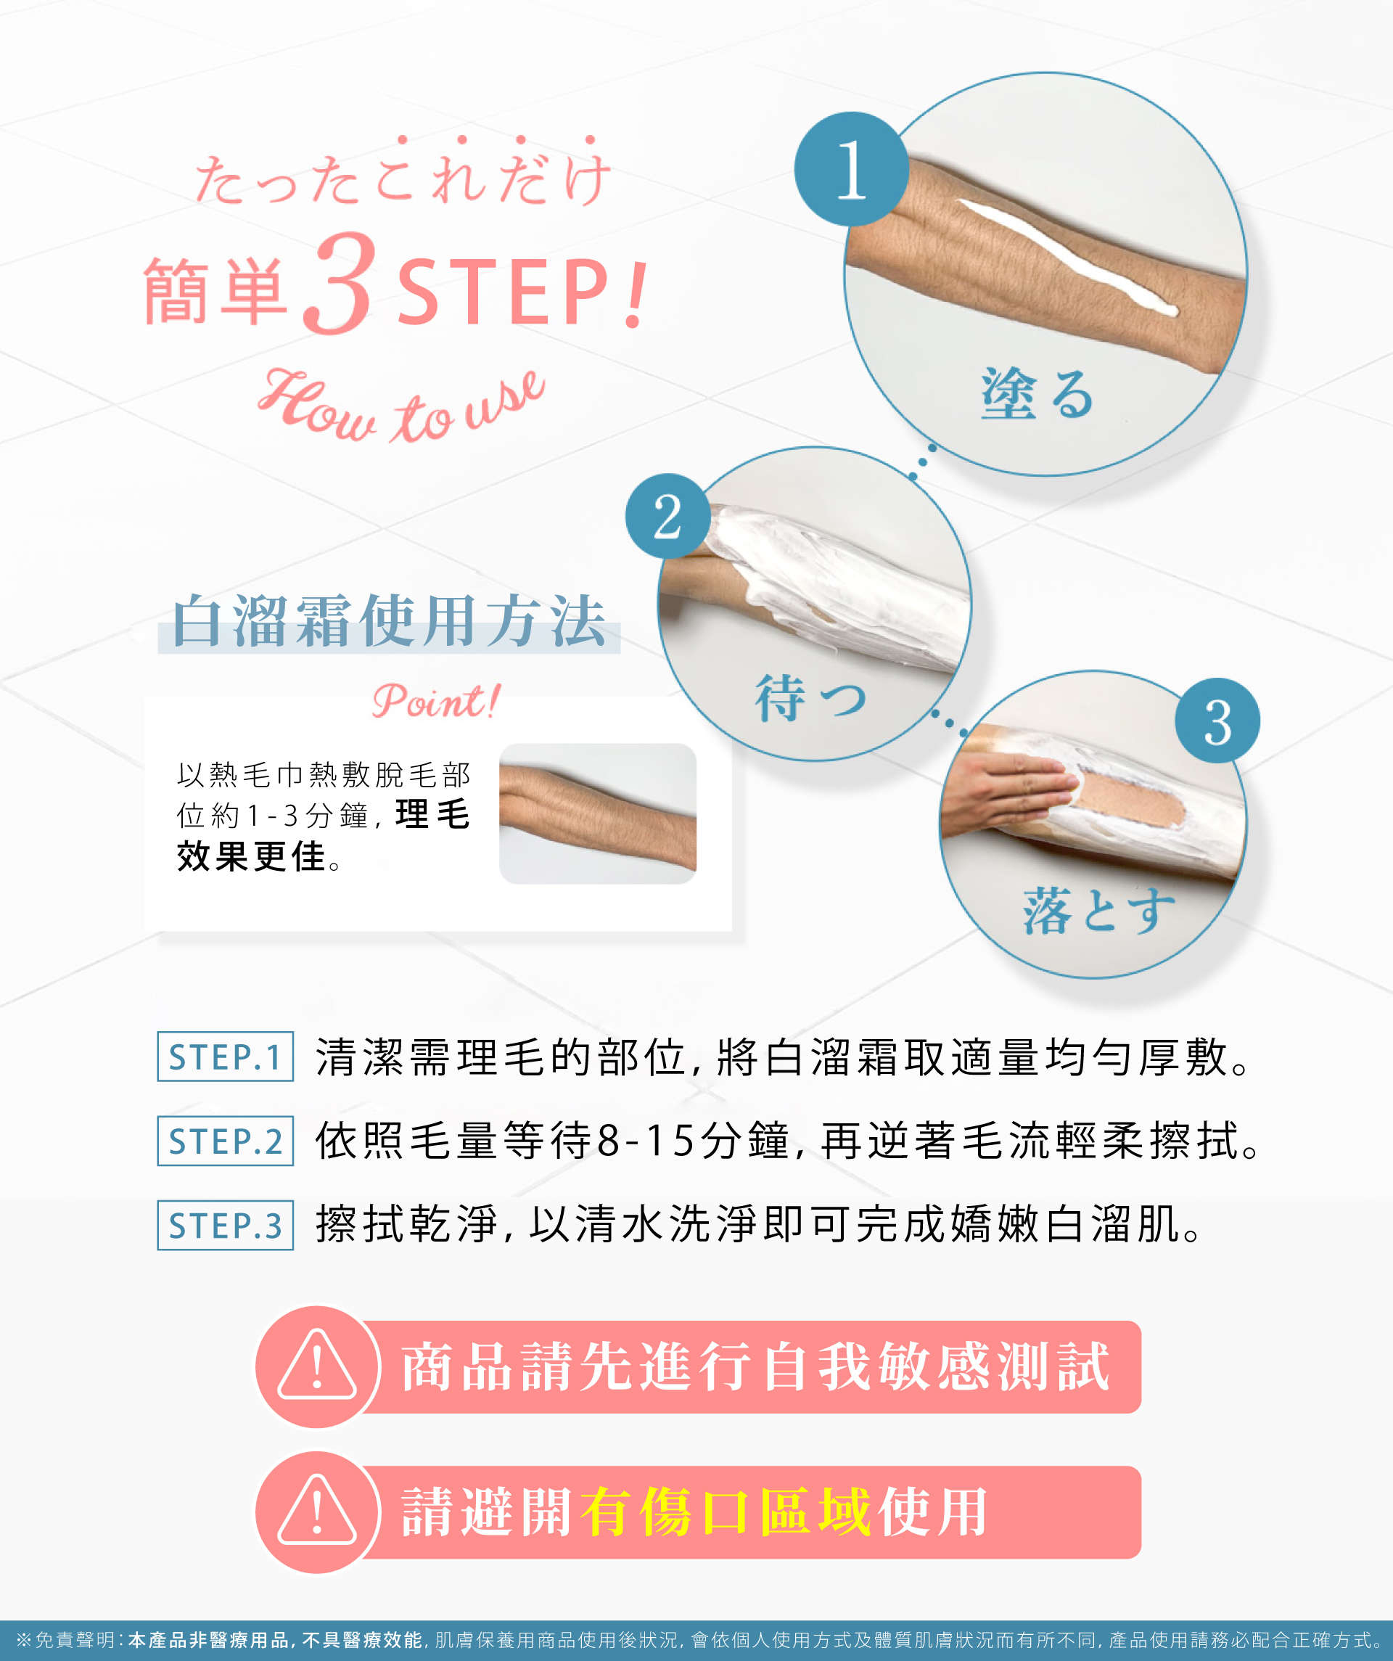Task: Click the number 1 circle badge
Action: point(851,168)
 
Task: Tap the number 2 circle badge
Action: point(667,516)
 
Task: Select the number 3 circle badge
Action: point(1217,721)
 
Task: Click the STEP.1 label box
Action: point(226,1057)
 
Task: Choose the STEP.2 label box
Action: point(226,1141)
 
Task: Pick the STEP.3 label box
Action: point(226,1225)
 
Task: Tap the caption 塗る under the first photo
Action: point(1037,393)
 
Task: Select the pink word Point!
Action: point(436,701)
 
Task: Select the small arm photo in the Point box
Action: point(597,813)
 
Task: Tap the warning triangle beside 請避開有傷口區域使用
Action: point(317,1512)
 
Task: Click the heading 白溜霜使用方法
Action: point(389,622)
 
